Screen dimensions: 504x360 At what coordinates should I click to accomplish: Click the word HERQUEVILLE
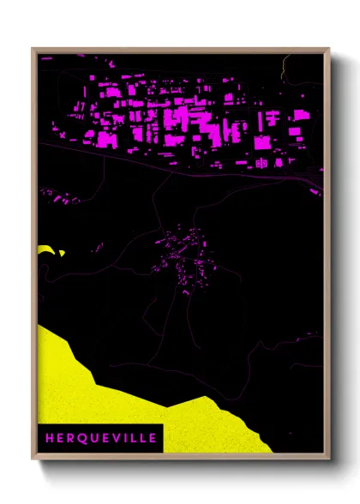tap(99, 438)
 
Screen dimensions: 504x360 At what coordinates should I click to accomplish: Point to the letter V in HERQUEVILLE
tap(110, 438)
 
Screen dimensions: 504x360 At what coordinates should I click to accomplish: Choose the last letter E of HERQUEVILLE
tap(152, 438)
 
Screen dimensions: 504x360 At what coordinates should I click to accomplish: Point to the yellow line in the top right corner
tap(284, 64)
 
